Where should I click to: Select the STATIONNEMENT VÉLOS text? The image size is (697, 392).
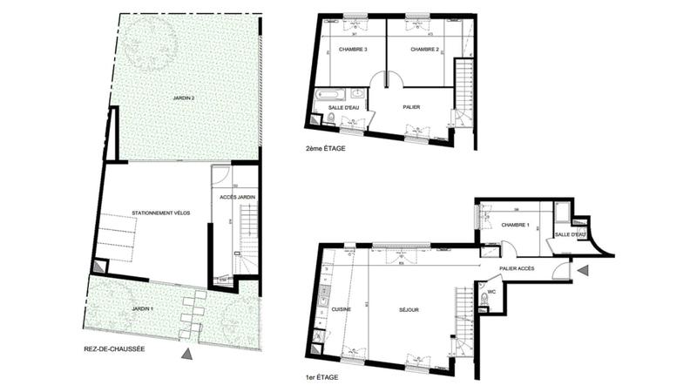[x=161, y=213]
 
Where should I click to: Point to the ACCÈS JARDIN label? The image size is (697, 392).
[x=236, y=198]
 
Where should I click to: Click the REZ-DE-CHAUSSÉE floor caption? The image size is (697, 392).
[x=122, y=350]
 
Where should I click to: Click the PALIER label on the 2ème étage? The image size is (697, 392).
[x=412, y=107]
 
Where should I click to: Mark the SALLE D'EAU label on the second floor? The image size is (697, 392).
[x=342, y=107]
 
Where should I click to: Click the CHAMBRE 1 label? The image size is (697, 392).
[x=516, y=225]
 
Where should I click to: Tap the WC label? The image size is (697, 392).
[x=492, y=293]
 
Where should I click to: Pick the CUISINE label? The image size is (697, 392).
[x=341, y=310]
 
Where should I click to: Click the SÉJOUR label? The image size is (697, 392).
[x=409, y=310]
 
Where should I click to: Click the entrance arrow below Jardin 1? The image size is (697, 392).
[x=186, y=355]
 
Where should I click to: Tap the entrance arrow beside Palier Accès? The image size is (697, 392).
[x=583, y=271]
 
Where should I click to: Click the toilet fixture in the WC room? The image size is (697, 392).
[x=482, y=301]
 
